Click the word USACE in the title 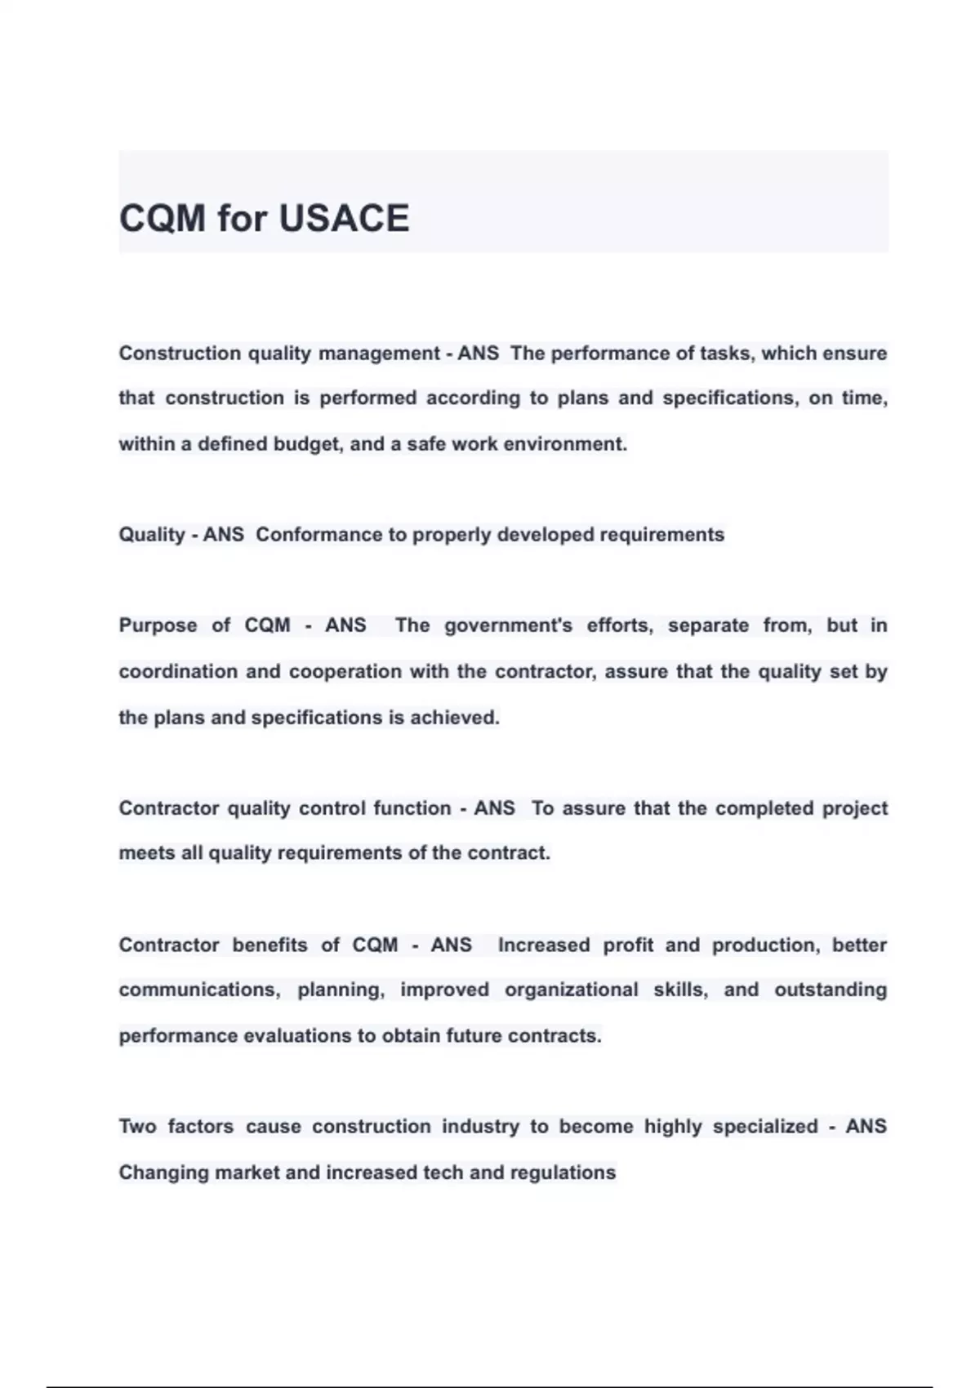coord(344,219)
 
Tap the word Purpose coord(158,625)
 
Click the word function coord(412,808)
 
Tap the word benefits coord(269,945)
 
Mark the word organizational coord(571,990)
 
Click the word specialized coord(765,1127)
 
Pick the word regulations coord(563,1173)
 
